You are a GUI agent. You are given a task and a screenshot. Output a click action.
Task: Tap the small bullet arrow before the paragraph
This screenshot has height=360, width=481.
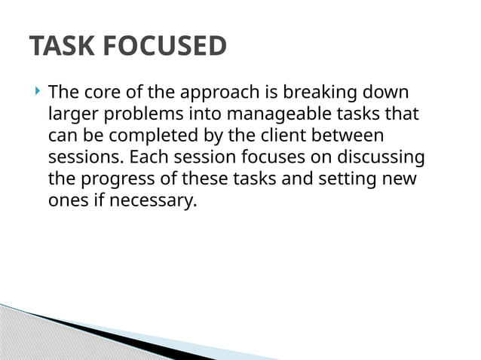38,93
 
